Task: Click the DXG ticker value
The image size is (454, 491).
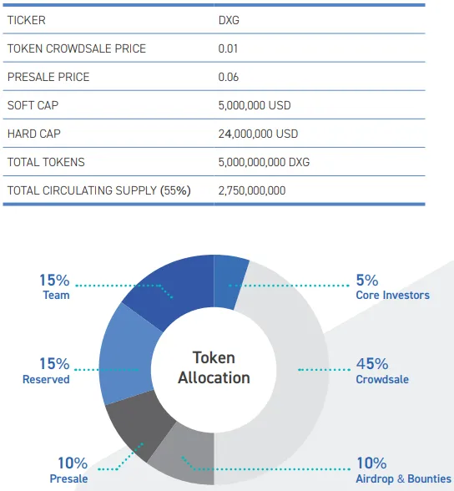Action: (x=229, y=20)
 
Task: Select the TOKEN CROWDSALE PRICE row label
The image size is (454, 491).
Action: (x=77, y=48)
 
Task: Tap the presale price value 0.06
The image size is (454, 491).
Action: (x=229, y=77)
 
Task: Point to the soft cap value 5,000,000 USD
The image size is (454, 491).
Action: (x=255, y=105)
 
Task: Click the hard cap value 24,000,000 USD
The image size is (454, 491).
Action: (x=258, y=134)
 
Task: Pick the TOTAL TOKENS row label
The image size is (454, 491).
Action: (x=46, y=162)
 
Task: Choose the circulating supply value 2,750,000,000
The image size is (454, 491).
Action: (x=252, y=190)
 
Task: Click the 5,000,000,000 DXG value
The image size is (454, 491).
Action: (x=264, y=162)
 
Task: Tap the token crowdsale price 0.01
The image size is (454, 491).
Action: (x=228, y=48)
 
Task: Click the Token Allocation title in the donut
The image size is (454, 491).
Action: (x=214, y=367)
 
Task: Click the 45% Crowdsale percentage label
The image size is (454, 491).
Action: (x=372, y=364)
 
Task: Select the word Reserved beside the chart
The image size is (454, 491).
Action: (x=46, y=379)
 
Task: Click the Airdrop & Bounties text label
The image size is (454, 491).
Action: (x=404, y=478)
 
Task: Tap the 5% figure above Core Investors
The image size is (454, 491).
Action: (x=367, y=281)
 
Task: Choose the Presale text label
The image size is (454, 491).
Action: (x=68, y=478)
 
